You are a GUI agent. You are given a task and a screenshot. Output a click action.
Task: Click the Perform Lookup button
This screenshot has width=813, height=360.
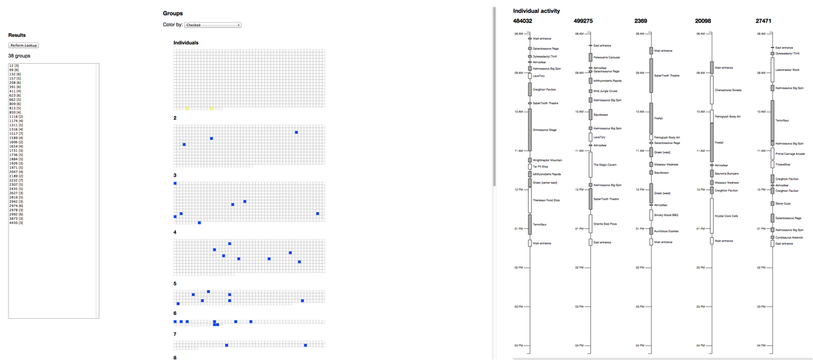click(23, 46)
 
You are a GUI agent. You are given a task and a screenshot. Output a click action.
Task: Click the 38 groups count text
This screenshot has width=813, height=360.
click(19, 56)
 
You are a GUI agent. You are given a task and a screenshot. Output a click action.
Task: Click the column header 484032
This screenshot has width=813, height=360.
click(522, 21)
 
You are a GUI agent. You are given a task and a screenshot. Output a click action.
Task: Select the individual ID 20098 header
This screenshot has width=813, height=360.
click(703, 21)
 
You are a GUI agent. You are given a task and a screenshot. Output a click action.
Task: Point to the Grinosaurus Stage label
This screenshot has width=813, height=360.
click(545, 130)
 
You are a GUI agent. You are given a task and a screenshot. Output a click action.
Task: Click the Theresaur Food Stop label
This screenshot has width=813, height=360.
click(546, 200)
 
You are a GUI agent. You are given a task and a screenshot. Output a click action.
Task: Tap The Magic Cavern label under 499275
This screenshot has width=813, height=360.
click(605, 165)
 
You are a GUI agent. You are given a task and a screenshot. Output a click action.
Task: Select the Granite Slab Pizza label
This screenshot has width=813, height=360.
click(605, 224)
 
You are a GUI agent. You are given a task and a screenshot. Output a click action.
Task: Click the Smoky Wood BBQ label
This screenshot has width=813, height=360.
click(666, 215)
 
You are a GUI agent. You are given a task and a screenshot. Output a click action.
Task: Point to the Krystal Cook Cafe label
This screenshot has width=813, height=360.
click(726, 216)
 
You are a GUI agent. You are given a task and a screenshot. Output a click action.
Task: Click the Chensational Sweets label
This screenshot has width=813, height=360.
click(728, 90)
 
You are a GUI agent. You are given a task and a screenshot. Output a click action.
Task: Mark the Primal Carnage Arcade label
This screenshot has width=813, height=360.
click(790, 154)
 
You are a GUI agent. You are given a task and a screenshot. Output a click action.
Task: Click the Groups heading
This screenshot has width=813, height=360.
click(173, 13)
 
